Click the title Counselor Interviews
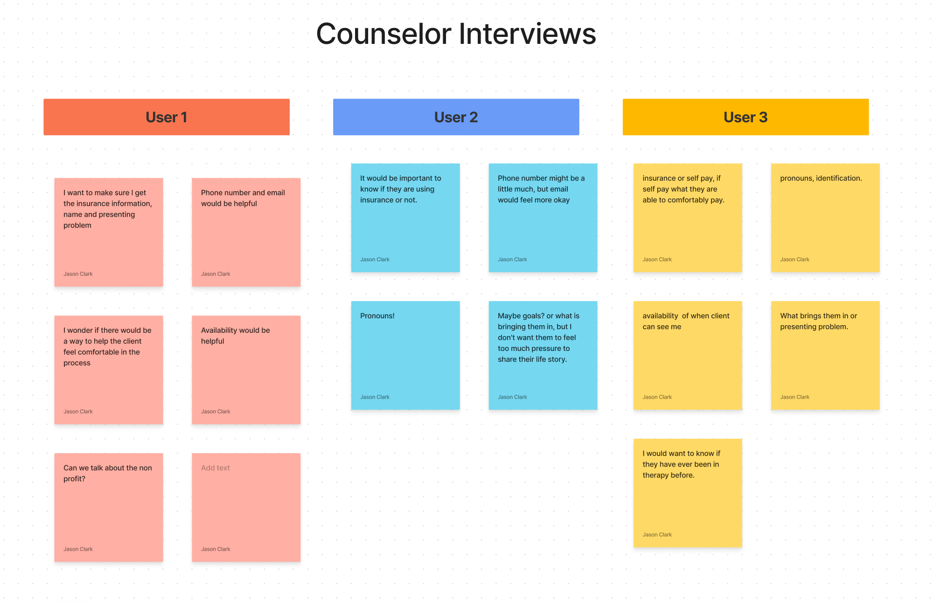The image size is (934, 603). pyautogui.click(x=456, y=34)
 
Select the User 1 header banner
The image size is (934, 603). pyautogui.click(x=167, y=117)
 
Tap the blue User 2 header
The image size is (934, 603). pyautogui.click(x=456, y=117)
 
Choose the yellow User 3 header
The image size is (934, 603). pyautogui.click(x=745, y=117)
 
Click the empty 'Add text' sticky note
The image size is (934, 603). pyautogui.click(x=246, y=507)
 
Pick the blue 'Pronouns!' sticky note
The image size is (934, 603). pyautogui.click(x=405, y=355)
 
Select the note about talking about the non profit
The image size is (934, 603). pyautogui.click(x=108, y=507)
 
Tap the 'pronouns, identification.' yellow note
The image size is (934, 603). pyautogui.click(x=825, y=217)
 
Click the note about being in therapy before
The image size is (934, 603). pyautogui.click(x=687, y=493)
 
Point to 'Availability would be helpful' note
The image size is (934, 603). pyautogui.click(x=246, y=370)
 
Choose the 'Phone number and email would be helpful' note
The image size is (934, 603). pyautogui.click(x=246, y=232)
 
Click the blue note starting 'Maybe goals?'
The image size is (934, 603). pyautogui.click(x=543, y=355)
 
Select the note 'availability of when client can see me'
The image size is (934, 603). pyautogui.click(x=687, y=355)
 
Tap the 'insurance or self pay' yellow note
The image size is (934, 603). pyautogui.click(x=687, y=217)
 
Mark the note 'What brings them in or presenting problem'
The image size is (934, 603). pyautogui.click(x=825, y=355)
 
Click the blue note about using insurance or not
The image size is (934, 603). pyautogui.click(x=405, y=217)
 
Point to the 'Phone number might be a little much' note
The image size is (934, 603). pyautogui.click(x=543, y=217)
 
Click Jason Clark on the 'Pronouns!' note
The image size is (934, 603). pyautogui.click(x=375, y=397)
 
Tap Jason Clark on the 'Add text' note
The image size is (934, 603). pyautogui.click(x=216, y=549)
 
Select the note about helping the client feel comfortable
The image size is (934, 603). pyautogui.click(x=108, y=370)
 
